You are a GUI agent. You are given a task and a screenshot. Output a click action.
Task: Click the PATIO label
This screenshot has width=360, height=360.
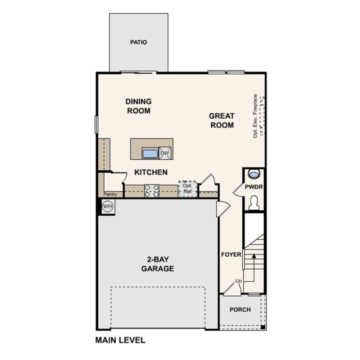tap(138, 42)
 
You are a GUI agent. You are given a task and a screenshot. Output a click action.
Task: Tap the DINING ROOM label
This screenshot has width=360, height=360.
tap(138, 106)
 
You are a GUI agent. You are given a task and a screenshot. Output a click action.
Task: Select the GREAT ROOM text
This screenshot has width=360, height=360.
tap(221, 120)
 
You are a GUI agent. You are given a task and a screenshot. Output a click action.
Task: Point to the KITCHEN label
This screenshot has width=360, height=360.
tap(150, 172)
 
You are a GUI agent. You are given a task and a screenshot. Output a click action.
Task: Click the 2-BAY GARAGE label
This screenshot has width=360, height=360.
tap(157, 264)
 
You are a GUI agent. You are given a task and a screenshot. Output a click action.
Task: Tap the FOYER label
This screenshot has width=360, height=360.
tap(231, 254)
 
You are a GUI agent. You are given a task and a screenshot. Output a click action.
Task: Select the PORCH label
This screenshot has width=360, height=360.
tap(240, 309)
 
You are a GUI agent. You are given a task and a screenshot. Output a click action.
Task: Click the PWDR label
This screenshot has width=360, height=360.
tap(254, 186)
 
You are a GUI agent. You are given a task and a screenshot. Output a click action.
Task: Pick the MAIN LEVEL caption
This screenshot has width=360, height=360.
tap(120, 340)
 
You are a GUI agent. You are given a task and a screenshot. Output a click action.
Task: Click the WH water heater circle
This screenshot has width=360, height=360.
tap(107, 205)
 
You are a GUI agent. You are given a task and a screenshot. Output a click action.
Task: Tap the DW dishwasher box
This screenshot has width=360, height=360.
tap(165, 153)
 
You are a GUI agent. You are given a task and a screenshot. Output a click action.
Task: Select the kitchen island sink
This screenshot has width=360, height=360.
tap(150, 153)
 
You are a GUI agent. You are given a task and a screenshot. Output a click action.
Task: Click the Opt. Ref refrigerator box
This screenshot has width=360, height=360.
tap(187, 188)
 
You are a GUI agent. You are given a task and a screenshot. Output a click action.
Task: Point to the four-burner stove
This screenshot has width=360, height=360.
tap(151, 190)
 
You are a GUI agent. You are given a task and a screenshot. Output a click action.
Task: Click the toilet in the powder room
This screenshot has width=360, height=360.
tap(253, 202)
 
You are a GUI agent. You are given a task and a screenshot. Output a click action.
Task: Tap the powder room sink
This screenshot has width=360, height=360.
tap(254, 174)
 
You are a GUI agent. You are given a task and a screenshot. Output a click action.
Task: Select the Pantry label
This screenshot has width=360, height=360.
tap(110, 194)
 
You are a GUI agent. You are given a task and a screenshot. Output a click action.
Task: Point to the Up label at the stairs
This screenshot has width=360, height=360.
tap(238, 281)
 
